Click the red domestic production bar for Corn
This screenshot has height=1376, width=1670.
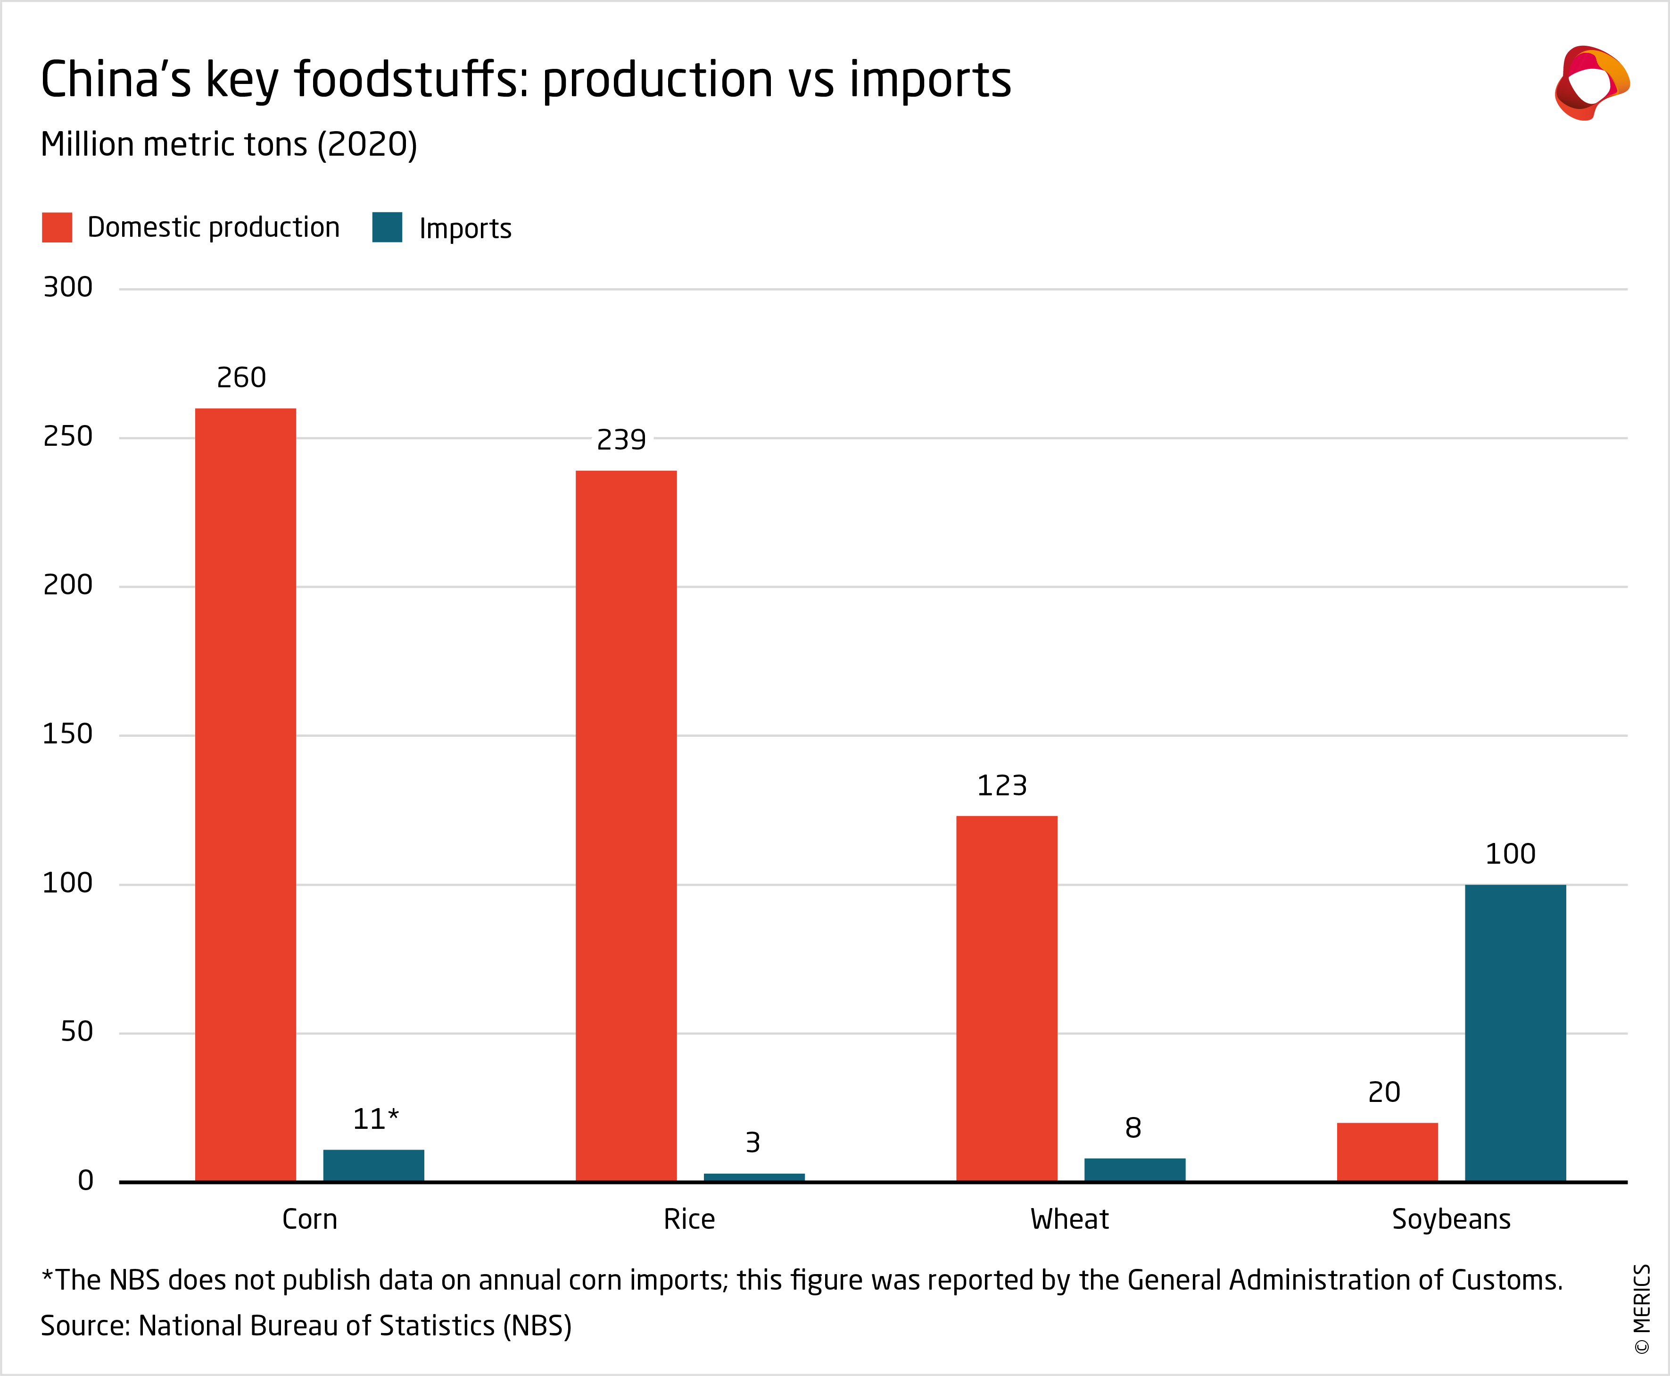point(246,794)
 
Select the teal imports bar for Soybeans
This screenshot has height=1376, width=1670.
point(1515,1032)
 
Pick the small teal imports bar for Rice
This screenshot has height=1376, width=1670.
point(754,1177)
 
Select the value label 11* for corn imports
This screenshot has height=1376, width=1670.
point(375,1119)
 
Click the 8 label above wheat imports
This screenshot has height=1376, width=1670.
point(1133,1128)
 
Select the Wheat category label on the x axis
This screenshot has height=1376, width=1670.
point(1069,1219)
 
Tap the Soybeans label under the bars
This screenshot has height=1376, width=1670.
point(1451,1219)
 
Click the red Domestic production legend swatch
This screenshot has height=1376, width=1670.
point(57,227)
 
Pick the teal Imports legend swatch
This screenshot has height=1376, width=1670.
point(388,227)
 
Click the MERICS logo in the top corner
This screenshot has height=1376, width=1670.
point(1591,83)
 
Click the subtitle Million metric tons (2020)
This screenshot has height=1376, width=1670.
point(229,145)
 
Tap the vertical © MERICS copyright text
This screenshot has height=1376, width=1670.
point(1642,1309)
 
